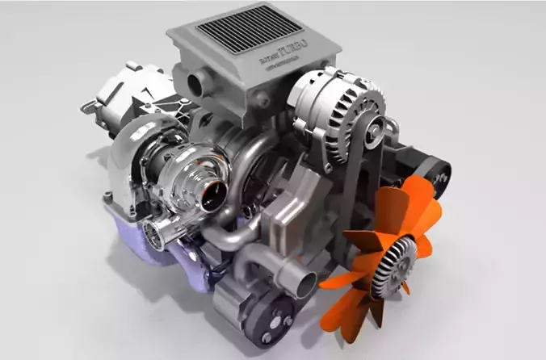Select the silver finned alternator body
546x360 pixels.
pos(332,101)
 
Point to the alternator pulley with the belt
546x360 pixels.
pos(370,121)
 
